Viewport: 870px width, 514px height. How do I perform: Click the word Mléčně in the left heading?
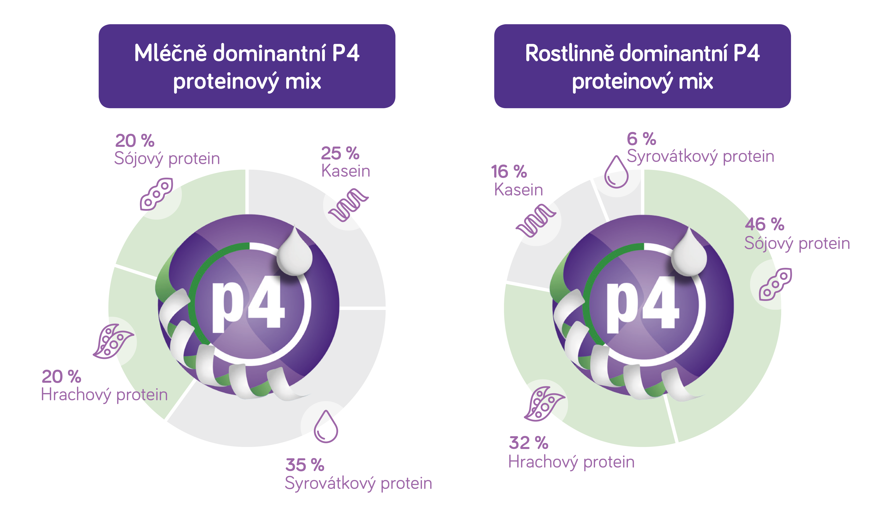coord(170,54)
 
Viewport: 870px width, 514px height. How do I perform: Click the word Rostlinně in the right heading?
coord(569,54)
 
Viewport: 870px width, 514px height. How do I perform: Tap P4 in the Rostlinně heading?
coord(746,54)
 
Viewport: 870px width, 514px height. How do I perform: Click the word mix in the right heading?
coord(696,82)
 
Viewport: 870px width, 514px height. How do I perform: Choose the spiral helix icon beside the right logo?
coord(536,220)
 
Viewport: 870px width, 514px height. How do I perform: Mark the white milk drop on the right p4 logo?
coord(689,253)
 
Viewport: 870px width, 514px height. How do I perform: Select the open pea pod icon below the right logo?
coord(544,404)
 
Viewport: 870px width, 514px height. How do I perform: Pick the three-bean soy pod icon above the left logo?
coord(157,194)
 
